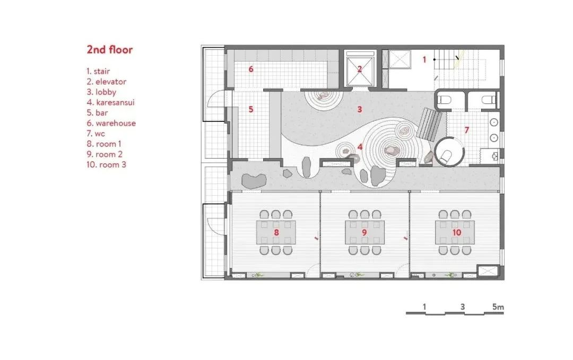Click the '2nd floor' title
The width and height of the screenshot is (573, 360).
click(x=110, y=50)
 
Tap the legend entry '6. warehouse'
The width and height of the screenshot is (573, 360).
click(x=111, y=123)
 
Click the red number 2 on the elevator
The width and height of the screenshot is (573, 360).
click(x=359, y=68)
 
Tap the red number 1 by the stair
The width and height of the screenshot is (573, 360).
click(x=424, y=60)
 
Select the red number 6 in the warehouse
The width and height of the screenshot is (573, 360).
click(x=251, y=69)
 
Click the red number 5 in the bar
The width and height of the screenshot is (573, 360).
click(x=251, y=110)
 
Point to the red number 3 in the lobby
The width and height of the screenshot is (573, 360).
click(x=359, y=110)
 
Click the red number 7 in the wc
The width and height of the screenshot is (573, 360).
click(x=467, y=130)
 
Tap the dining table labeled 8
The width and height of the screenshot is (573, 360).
click(x=276, y=233)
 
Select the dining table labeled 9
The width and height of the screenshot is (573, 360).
click(x=364, y=233)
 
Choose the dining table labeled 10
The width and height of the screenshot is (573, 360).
click(x=455, y=233)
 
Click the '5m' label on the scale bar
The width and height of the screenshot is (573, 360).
click(x=497, y=306)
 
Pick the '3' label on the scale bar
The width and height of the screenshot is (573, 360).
click(x=463, y=306)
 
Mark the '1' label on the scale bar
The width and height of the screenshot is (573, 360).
click(x=425, y=306)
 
